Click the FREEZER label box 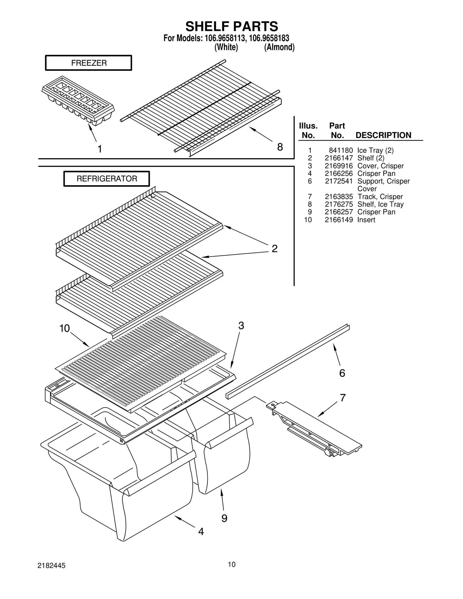point(89,63)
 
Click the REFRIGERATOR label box point(106,178)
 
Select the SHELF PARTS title point(231,26)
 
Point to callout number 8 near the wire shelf point(280,147)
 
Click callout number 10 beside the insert point(65,328)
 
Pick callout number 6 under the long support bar point(342,373)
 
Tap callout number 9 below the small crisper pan point(224,518)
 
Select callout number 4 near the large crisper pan point(201,531)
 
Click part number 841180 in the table point(341,150)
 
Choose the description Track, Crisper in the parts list point(380,197)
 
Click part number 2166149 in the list point(339,220)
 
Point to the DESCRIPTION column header point(383,135)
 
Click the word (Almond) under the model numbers point(279,47)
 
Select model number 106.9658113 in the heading point(225,38)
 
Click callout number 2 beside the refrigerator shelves point(274,248)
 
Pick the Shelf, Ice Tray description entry point(380,204)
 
